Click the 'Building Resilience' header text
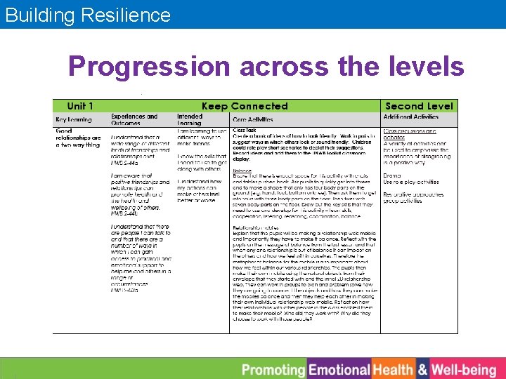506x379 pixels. (x=88, y=15)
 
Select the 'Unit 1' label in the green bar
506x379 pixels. (x=80, y=106)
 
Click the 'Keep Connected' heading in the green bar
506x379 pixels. (x=245, y=106)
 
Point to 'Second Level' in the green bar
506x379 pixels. (x=420, y=106)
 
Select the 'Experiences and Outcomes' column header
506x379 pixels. (x=134, y=119)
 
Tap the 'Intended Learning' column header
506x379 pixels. (x=190, y=119)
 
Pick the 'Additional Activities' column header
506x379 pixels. (x=411, y=117)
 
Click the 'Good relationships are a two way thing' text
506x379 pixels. (x=78, y=138)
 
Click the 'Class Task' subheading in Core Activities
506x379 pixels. (x=245, y=130)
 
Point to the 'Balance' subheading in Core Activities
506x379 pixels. (x=242, y=170)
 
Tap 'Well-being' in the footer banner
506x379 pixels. (x=464, y=369)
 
